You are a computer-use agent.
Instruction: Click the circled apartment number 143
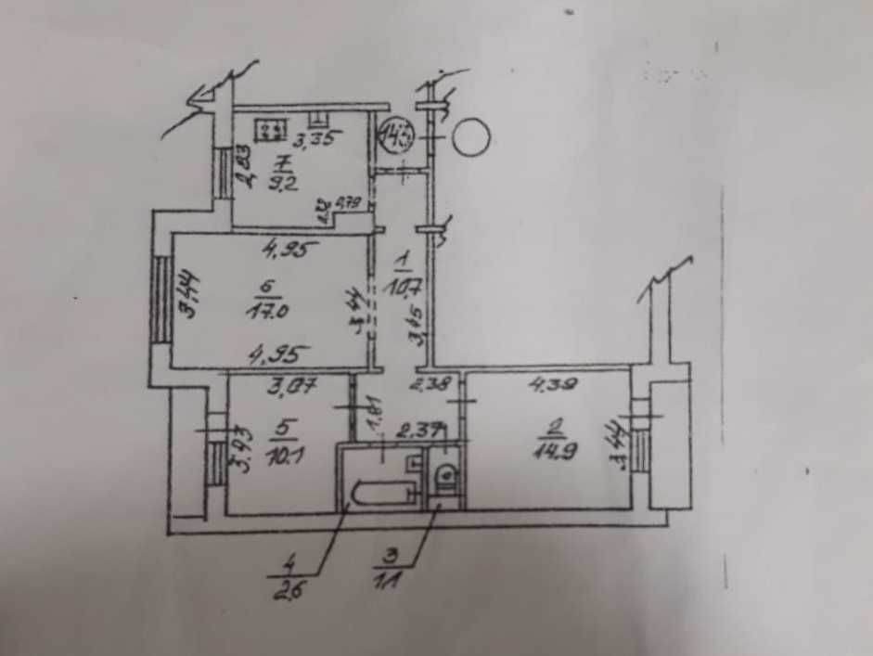click(396, 141)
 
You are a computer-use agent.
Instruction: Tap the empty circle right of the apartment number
click(471, 138)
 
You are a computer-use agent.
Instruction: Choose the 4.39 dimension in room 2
click(548, 380)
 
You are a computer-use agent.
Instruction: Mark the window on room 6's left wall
click(160, 299)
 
